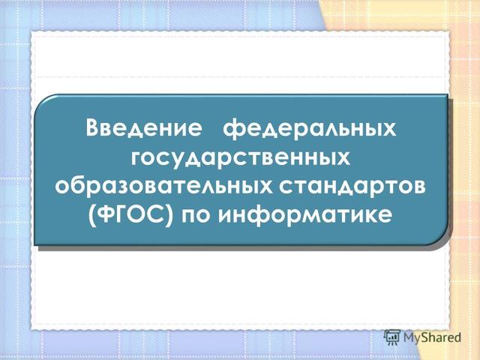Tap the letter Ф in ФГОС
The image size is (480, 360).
pos(106,215)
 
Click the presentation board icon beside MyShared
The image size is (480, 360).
pos(391,337)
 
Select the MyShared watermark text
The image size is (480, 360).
pos(432,338)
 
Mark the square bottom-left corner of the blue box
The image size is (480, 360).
pos(37,244)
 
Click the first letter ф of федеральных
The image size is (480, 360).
pos(235,128)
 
